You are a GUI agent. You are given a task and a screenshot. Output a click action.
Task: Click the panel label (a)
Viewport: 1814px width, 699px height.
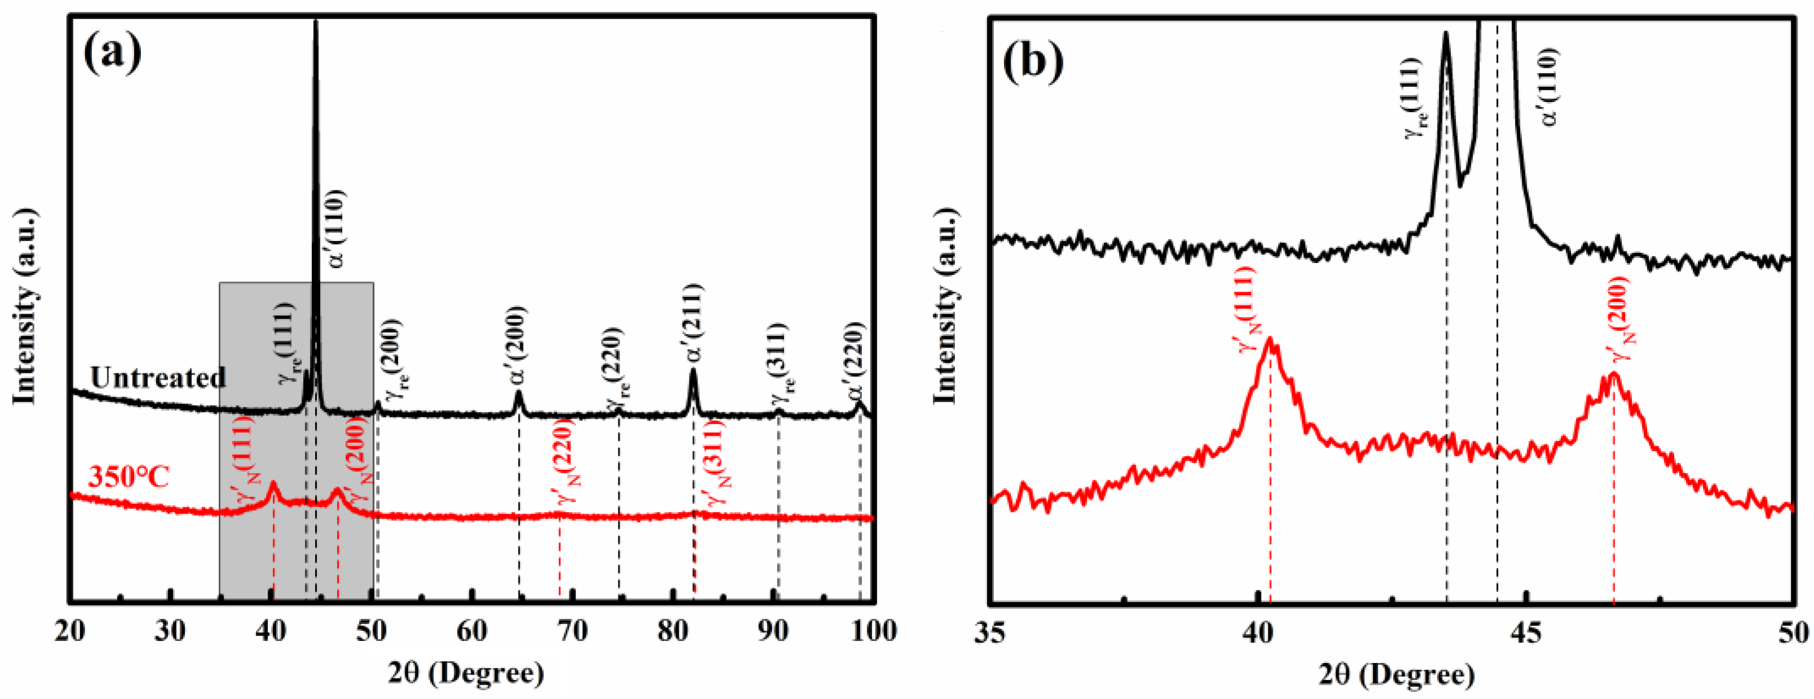(112, 54)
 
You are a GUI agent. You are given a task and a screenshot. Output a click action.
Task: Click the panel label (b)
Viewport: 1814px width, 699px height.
(1033, 62)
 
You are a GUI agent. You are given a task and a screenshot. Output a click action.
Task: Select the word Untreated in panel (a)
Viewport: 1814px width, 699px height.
(158, 378)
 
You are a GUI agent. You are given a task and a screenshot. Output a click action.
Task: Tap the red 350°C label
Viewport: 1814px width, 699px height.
(129, 477)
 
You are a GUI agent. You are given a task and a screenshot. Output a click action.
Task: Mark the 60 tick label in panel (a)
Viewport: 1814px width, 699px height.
(472, 631)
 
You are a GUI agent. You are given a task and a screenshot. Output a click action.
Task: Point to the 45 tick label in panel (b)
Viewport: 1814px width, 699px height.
(1526, 633)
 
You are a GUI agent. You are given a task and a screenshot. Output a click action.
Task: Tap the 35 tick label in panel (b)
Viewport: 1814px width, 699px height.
(990, 633)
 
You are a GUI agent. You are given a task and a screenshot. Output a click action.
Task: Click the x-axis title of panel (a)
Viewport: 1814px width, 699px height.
(466, 674)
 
